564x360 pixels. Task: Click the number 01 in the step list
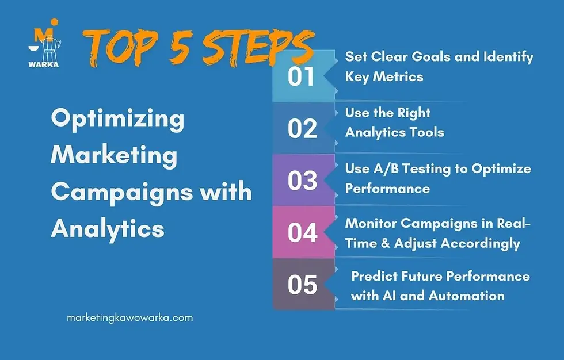(302, 76)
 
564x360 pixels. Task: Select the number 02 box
(302, 128)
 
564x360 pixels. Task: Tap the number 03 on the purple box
(302, 180)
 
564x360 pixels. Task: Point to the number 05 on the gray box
(302, 284)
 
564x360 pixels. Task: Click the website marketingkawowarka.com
(129, 317)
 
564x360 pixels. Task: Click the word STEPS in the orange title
(257, 49)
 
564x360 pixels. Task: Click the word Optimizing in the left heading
(117, 120)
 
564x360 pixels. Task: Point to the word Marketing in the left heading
(114, 156)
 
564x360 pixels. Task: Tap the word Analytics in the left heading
(108, 229)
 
